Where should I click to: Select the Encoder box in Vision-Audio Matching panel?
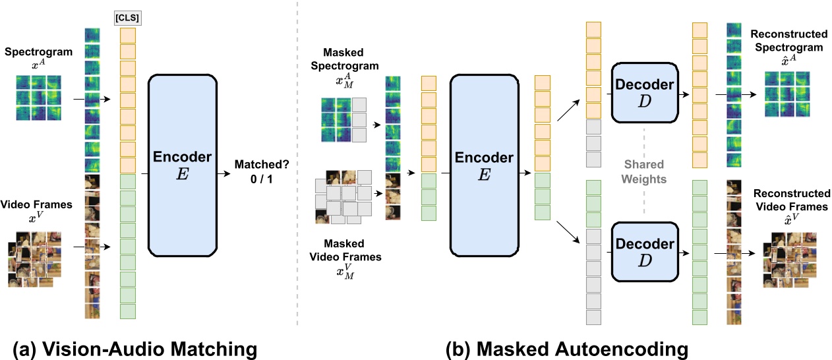(183, 165)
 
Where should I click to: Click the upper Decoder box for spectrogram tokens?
(643, 92)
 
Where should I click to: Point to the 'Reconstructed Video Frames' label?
(791, 200)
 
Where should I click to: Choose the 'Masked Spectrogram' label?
(350, 59)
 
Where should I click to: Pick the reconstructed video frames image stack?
(790, 259)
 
